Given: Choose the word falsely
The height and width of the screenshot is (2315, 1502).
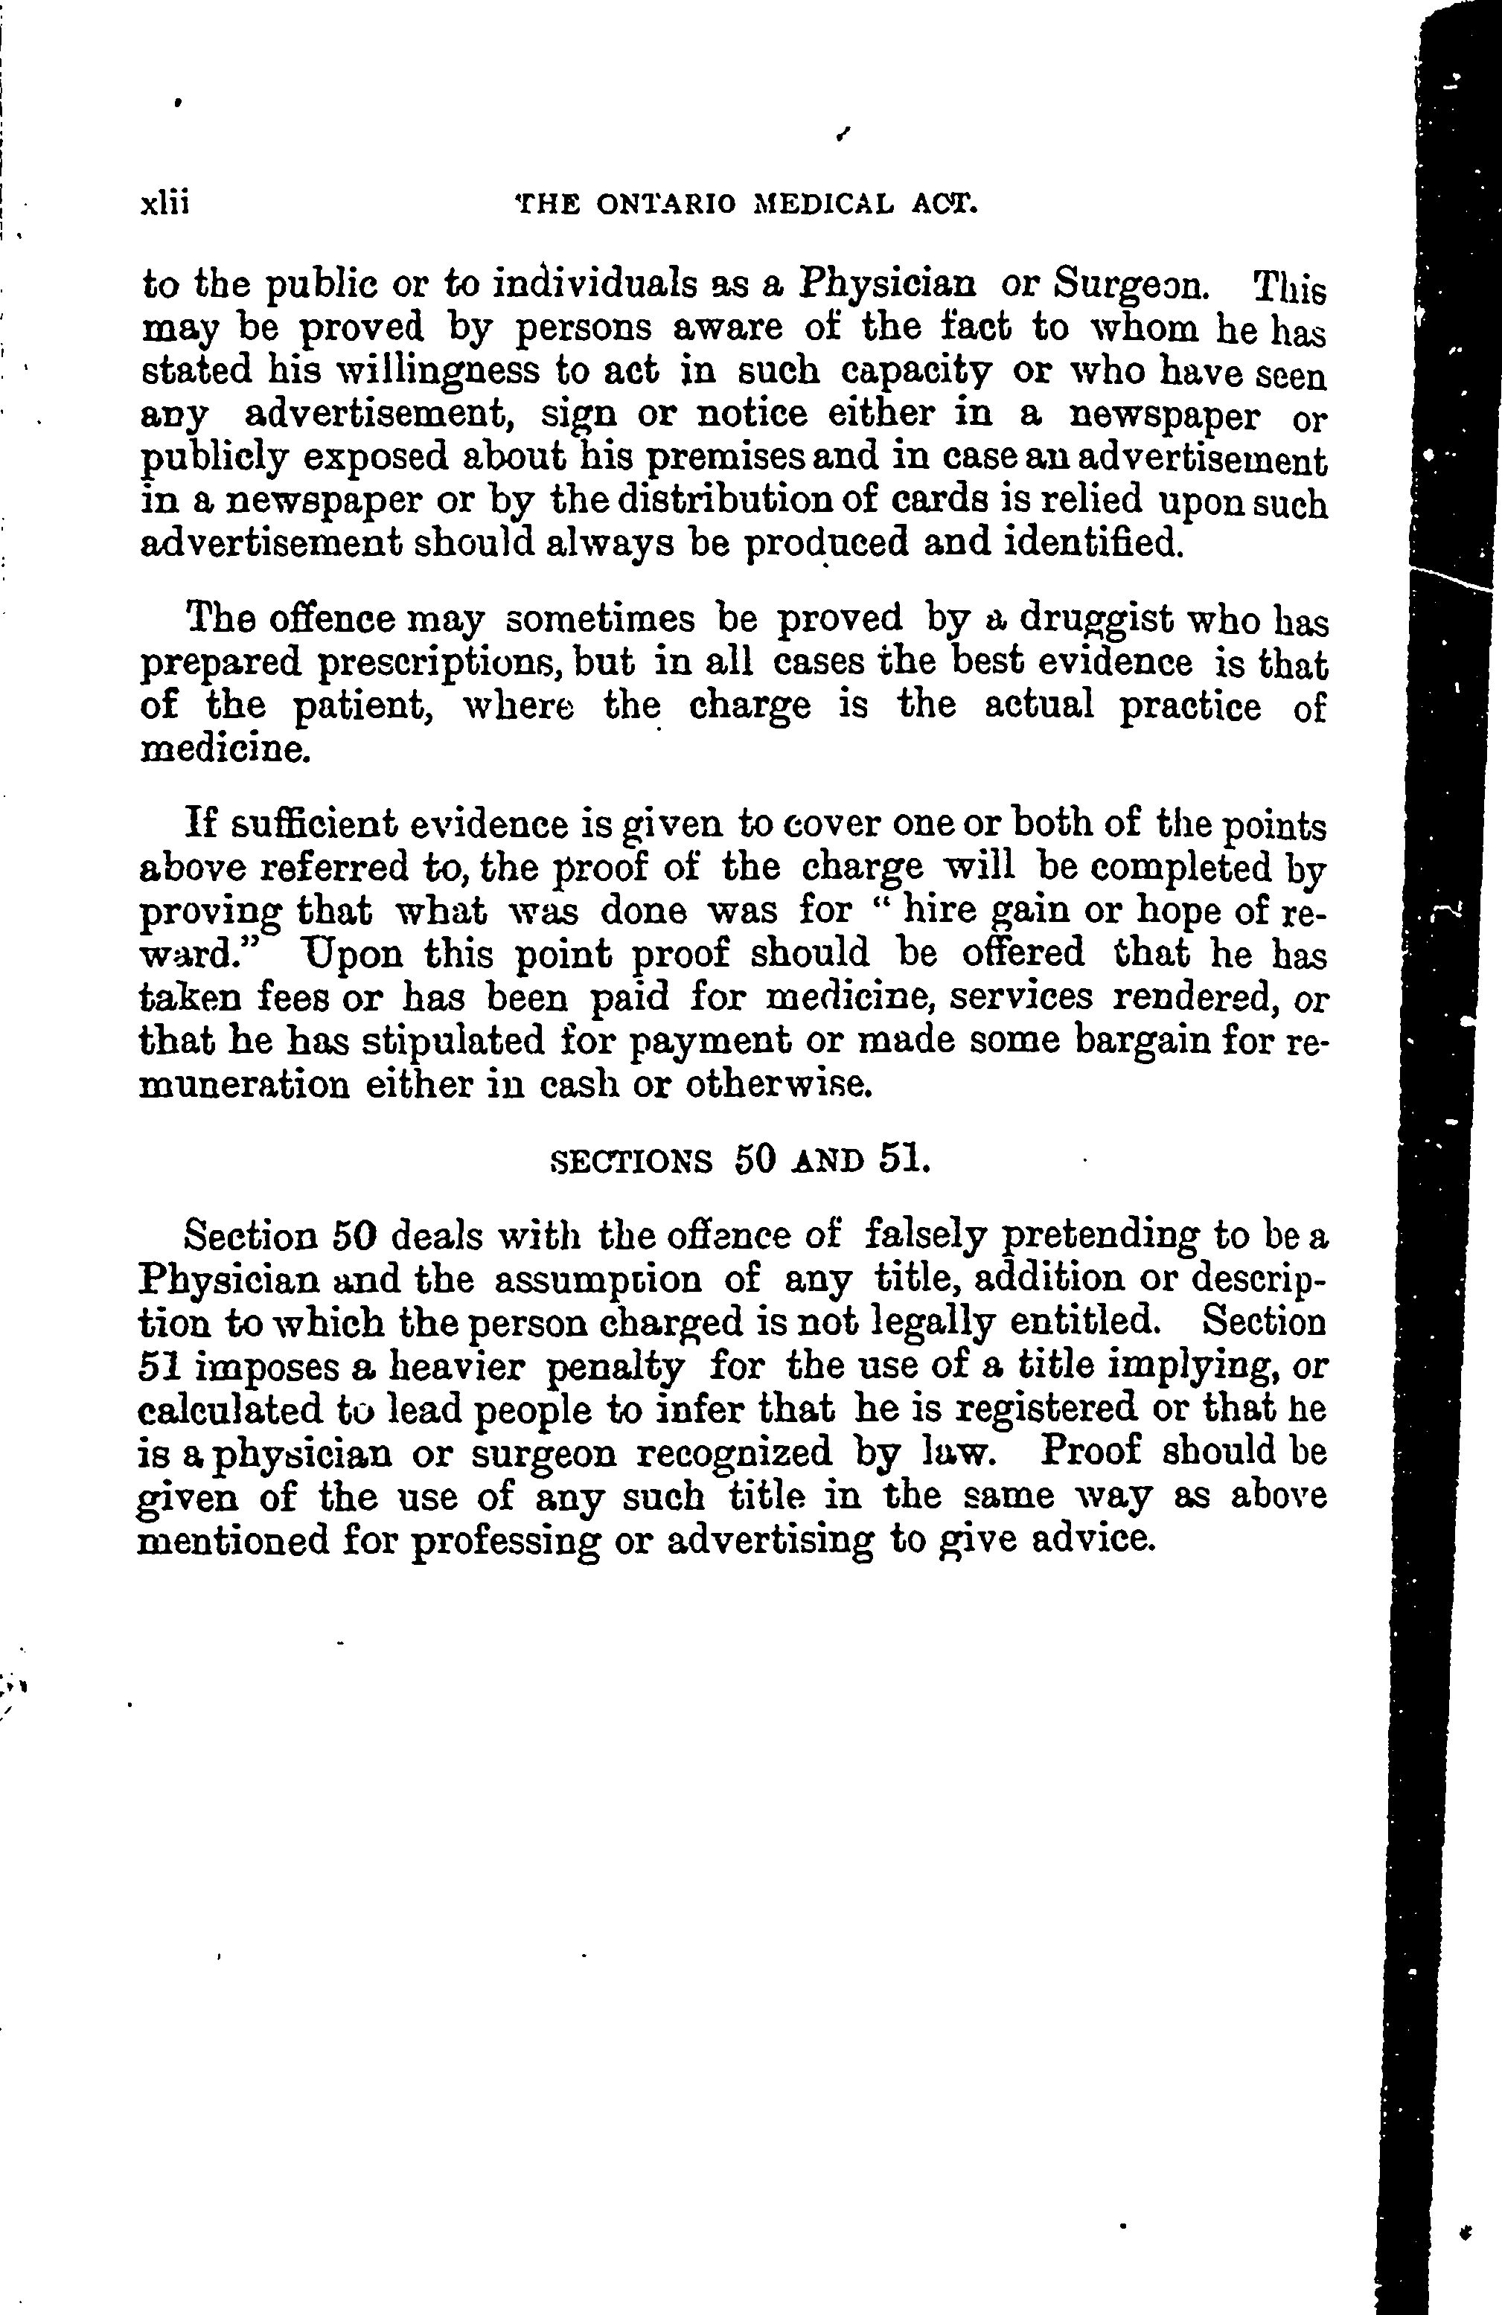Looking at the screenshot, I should [924, 1238].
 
